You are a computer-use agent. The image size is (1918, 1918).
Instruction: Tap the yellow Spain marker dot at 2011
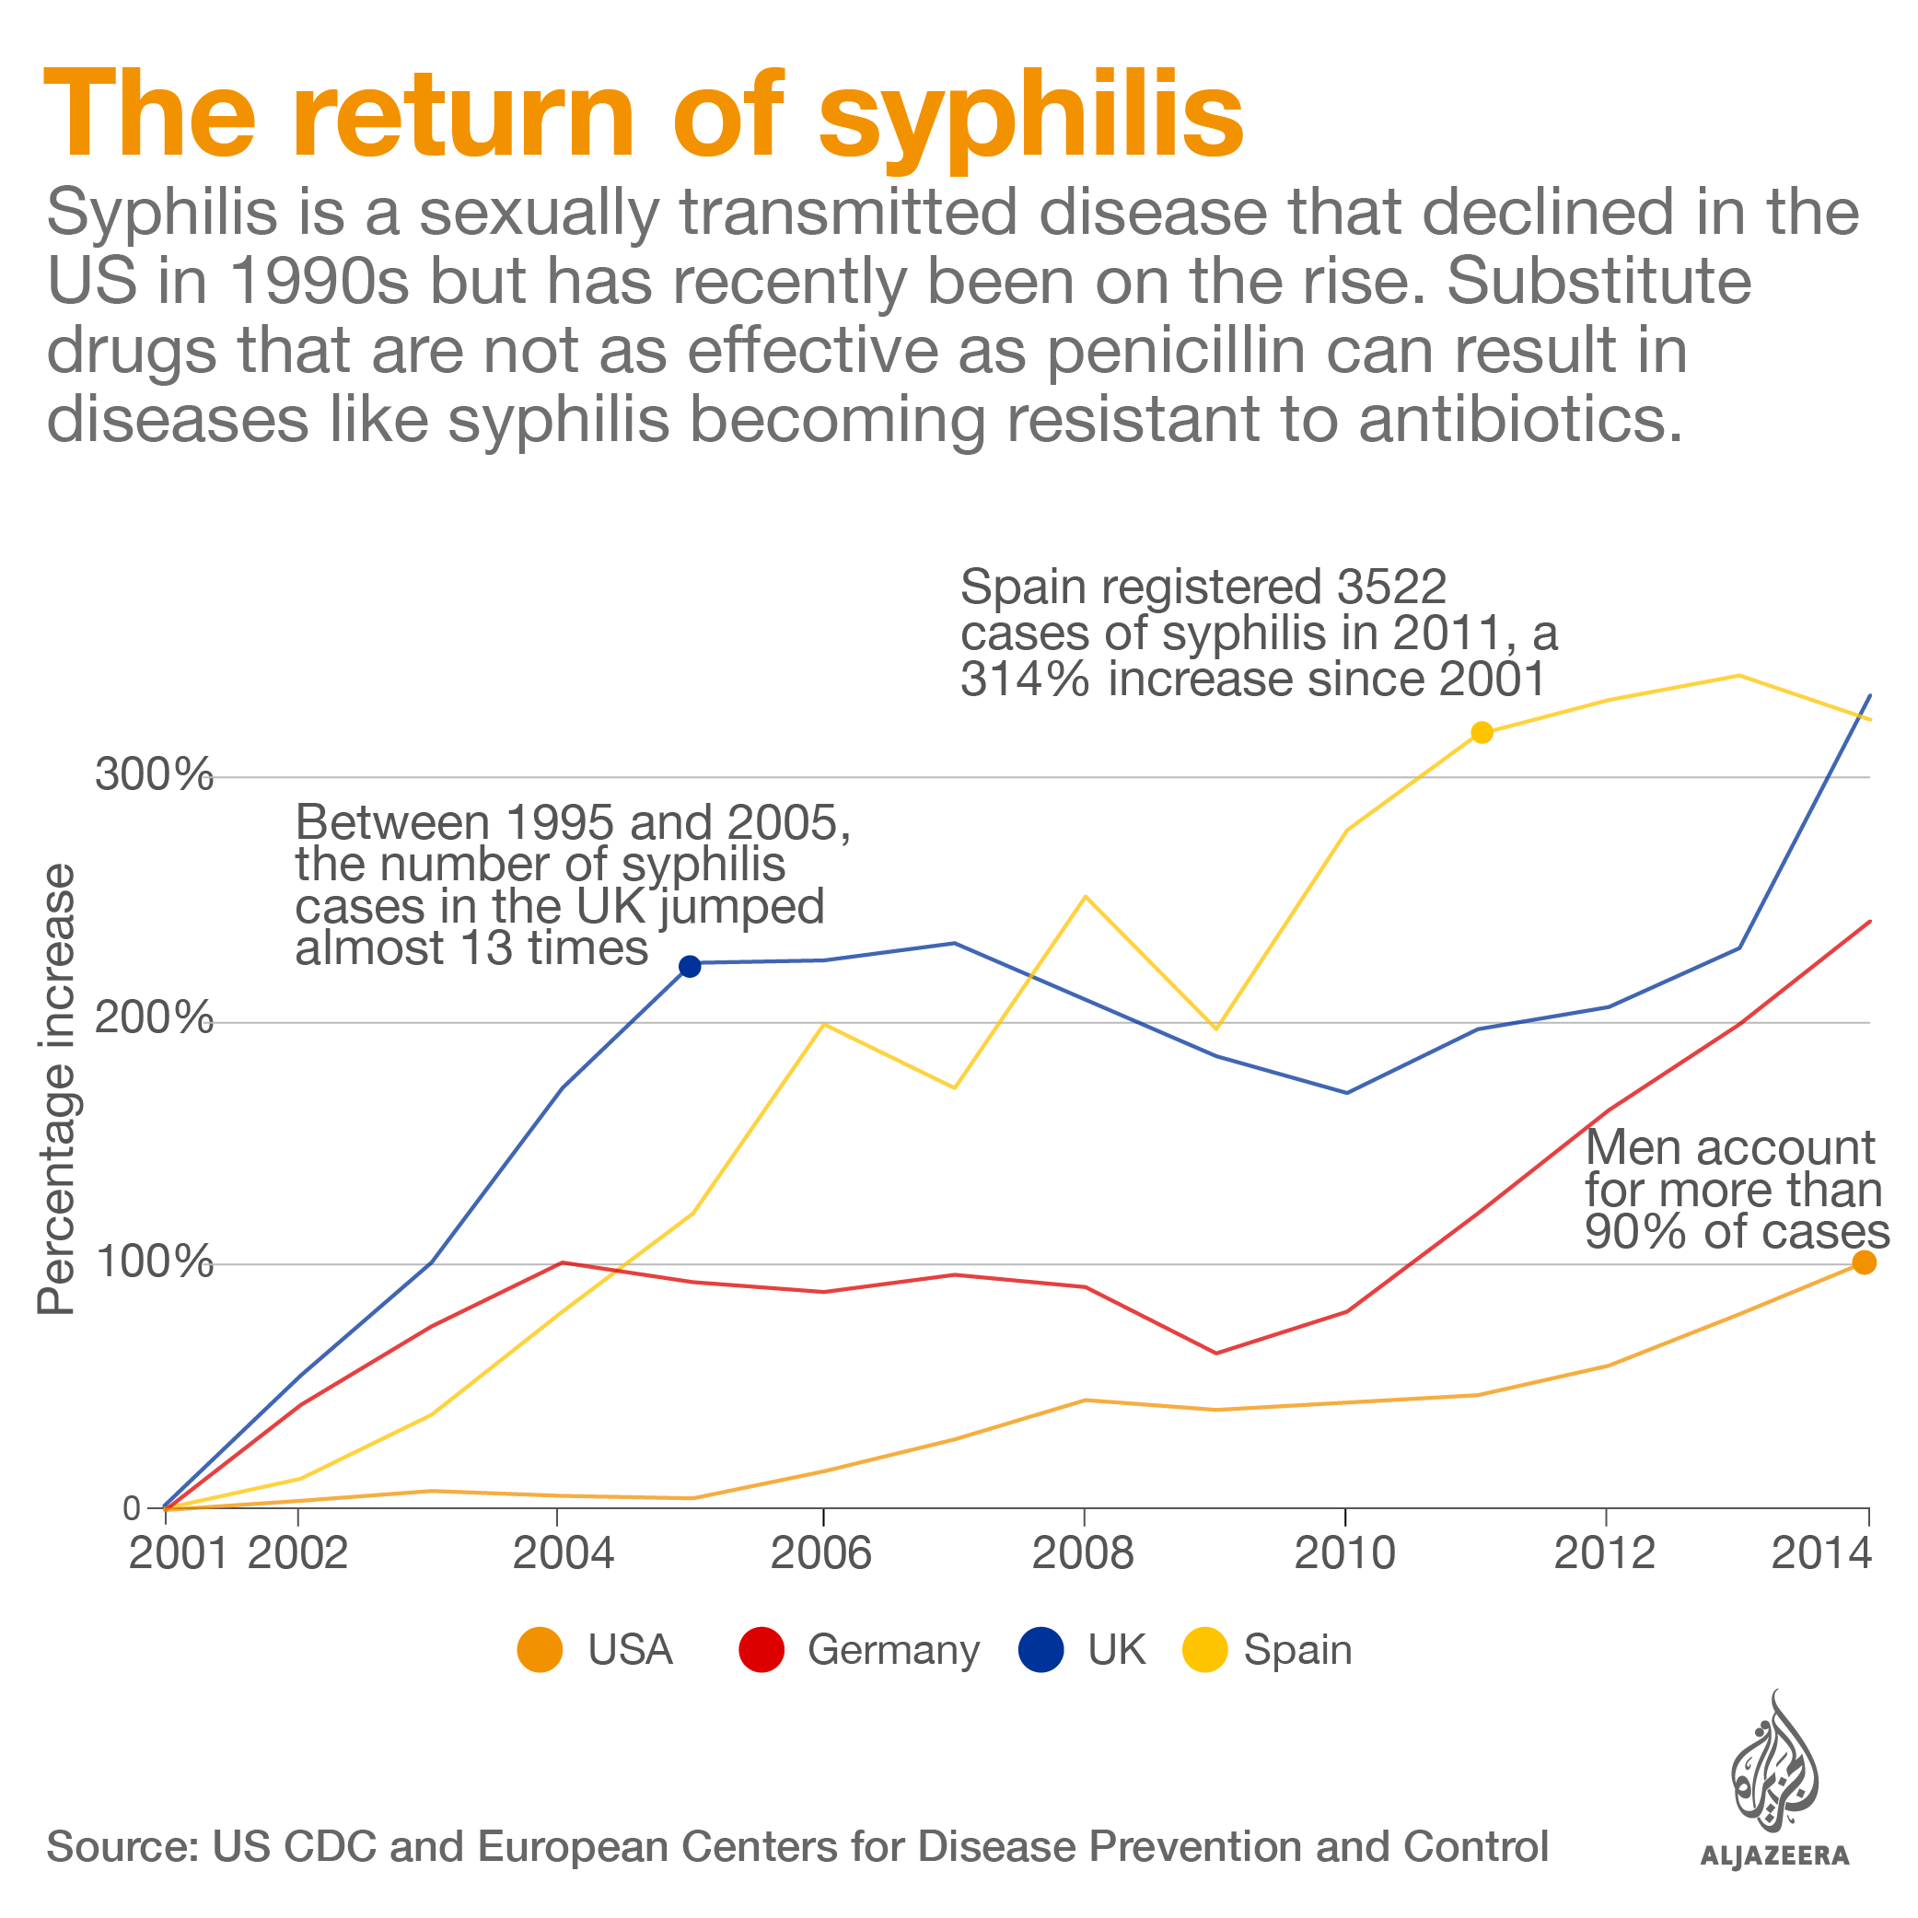pos(1482,733)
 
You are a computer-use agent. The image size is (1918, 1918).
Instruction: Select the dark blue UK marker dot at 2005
pos(690,966)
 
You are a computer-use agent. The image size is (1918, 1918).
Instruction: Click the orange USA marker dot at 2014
pos(1865,1262)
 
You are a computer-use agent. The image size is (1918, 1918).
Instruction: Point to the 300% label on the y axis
pos(155,774)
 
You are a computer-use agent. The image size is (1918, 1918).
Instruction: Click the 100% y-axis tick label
pos(155,1262)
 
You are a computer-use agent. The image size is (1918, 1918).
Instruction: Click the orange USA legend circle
pos(541,1650)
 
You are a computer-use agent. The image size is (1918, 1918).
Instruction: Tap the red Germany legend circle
pos(761,1650)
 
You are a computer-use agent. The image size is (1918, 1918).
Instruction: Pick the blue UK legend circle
pos(1041,1650)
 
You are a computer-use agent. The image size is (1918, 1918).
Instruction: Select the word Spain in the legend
pos(1297,1650)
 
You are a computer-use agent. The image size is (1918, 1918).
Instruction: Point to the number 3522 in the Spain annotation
pos(1390,587)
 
